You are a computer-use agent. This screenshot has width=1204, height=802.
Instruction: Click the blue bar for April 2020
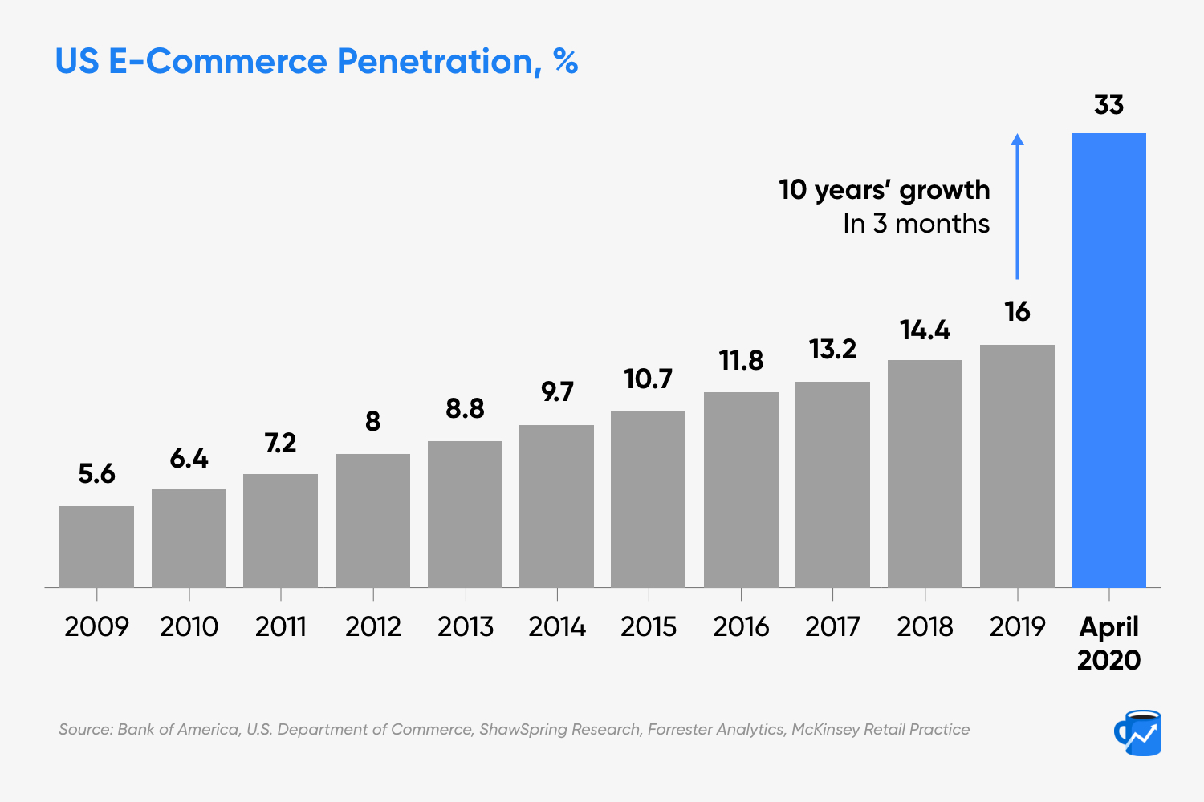[x=1108, y=361]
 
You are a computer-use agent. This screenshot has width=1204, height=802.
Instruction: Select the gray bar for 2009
[x=96, y=547]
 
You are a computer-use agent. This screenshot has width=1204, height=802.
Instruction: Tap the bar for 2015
[x=648, y=499]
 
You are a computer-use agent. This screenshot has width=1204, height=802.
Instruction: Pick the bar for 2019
[x=1017, y=466]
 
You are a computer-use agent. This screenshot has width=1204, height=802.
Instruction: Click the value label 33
[x=1108, y=105]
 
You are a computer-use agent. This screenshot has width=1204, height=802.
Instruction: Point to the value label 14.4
[x=925, y=330]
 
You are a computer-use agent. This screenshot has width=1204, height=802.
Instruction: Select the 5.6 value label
[x=96, y=474]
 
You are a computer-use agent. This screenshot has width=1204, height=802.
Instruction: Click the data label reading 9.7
[x=557, y=392]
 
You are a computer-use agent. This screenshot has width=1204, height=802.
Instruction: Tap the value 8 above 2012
[x=372, y=422]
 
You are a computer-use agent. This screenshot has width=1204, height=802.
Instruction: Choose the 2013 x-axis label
[x=466, y=626]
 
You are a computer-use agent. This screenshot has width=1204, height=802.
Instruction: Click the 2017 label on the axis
[x=832, y=626]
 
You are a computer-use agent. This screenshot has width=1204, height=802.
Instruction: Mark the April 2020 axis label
[x=1108, y=643]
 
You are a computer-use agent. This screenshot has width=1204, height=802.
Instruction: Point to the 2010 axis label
[x=189, y=626]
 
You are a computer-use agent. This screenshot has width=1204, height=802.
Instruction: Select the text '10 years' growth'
[x=884, y=190]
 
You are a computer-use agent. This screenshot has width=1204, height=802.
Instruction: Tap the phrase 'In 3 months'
[x=916, y=224]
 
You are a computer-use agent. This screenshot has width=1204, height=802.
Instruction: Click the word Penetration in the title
[x=433, y=62]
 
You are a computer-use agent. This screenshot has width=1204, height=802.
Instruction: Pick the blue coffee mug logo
[x=1137, y=732]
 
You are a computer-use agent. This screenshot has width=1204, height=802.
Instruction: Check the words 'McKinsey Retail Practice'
[x=881, y=730]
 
